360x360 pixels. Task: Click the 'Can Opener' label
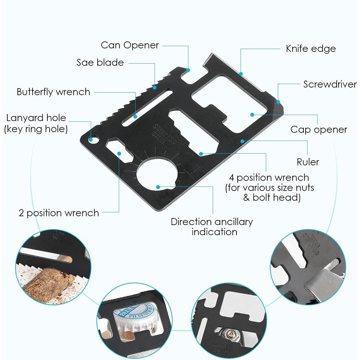[130, 45]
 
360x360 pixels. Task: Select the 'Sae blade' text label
[100, 62]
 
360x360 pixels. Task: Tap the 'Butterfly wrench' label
[53, 92]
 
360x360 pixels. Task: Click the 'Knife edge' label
[311, 49]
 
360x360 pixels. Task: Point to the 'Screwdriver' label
[330, 84]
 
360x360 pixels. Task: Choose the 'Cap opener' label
[319, 130]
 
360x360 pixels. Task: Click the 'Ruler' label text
[308, 162]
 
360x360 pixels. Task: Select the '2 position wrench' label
[59, 213]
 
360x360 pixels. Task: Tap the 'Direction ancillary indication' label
[212, 227]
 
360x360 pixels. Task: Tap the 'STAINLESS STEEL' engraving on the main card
[164, 135]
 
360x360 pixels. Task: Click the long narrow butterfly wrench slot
[147, 109]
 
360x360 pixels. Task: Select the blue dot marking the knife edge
[241, 74]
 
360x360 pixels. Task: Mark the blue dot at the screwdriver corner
[278, 102]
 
